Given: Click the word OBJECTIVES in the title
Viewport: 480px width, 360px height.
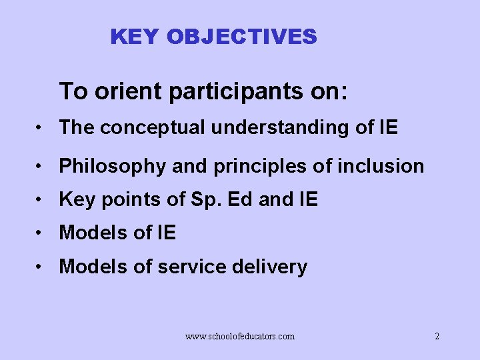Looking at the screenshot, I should (x=242, y=37).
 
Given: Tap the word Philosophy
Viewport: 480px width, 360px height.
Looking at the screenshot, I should (x=112, y=166).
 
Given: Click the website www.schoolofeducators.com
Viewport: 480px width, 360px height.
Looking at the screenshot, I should (x=239, y=337).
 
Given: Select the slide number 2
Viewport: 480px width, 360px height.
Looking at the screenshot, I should (x=437, y=337).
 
